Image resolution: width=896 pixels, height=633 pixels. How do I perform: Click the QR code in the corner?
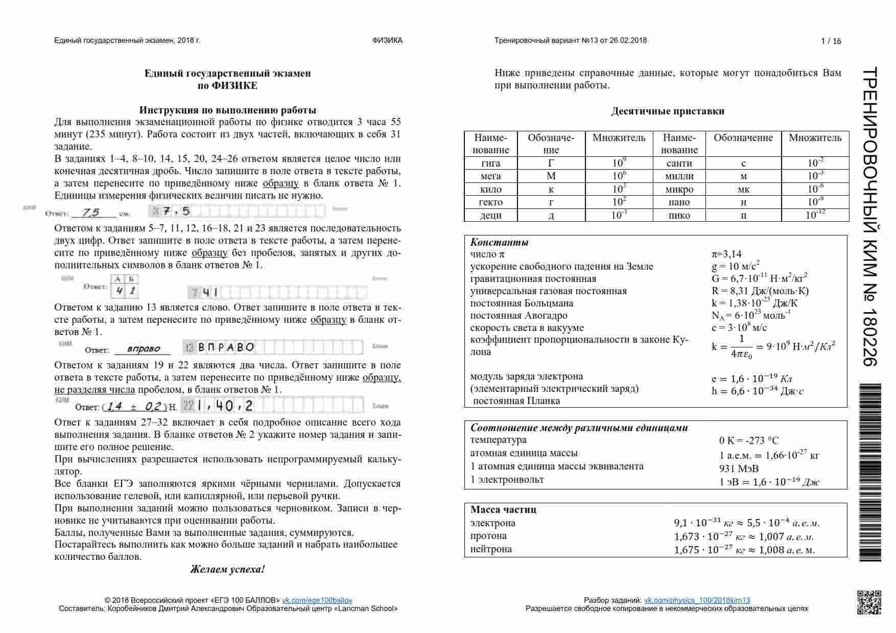868,602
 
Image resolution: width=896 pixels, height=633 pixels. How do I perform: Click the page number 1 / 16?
831,41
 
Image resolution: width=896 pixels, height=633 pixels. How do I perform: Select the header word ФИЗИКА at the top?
387,40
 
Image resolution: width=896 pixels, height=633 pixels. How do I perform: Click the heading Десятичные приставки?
668,111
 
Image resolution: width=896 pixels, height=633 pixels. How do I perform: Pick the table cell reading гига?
491,163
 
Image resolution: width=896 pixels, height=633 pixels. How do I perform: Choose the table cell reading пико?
679,215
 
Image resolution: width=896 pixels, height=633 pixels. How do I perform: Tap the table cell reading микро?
679,190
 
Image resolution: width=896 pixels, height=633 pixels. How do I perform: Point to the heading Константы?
499,243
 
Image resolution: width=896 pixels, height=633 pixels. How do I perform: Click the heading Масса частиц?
503,509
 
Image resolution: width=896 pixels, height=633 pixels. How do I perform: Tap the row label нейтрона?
491,549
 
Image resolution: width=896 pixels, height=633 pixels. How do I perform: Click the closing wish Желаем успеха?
227,569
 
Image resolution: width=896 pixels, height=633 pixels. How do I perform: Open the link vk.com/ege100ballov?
317,600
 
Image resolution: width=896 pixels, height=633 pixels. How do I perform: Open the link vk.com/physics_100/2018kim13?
697,600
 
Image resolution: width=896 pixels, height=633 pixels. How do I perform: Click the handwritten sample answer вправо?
143,349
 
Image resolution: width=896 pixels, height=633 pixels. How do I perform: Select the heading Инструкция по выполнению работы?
227,110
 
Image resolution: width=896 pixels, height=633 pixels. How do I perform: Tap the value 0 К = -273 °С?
749,440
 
